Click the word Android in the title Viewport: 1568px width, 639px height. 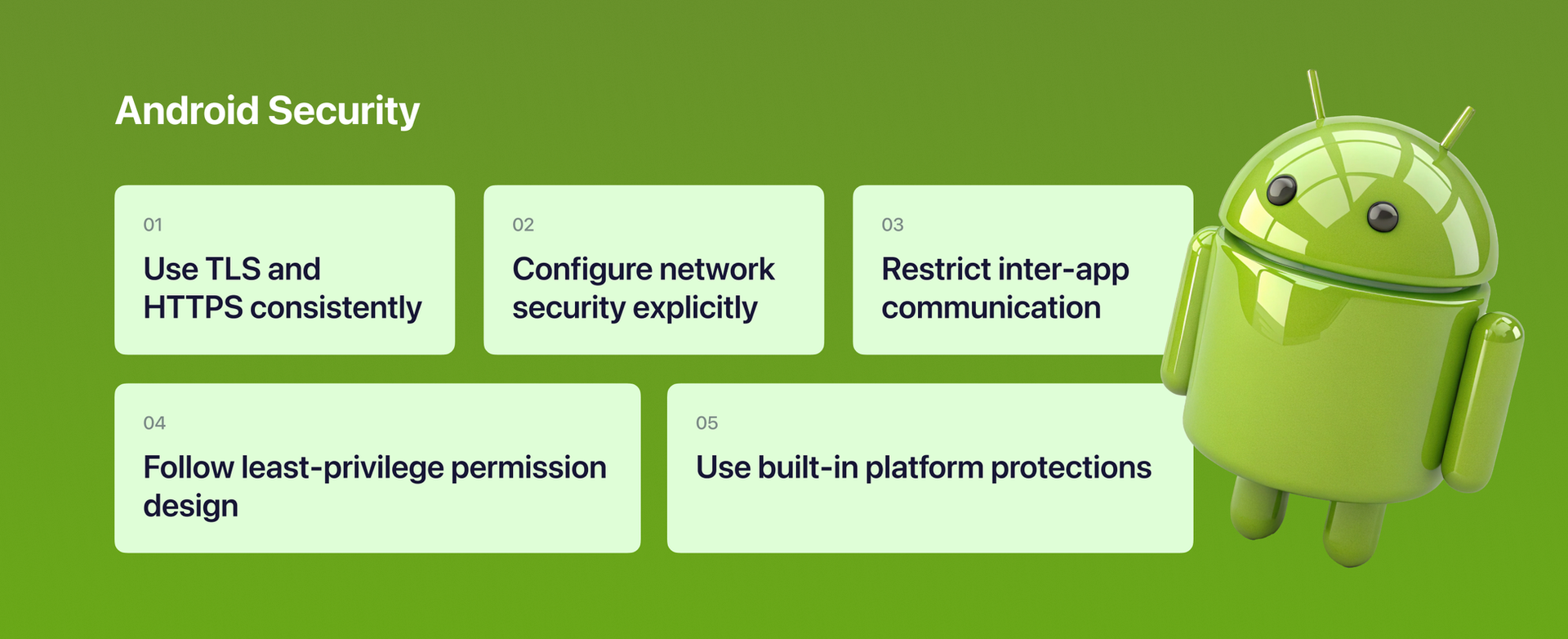pos(187,110)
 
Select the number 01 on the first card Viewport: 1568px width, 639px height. pos(153,225)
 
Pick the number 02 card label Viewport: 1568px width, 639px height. pos(523,225)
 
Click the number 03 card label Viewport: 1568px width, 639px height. pos(892,225)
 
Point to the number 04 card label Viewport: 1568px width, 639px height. pos(154,423)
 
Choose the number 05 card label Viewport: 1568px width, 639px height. pos(706,423)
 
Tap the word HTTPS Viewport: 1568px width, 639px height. pos(193,308)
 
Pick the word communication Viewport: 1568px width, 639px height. pos(991,308)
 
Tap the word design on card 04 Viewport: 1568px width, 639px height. pos(190,507)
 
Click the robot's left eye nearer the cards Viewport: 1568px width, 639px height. pos(1281,190)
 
